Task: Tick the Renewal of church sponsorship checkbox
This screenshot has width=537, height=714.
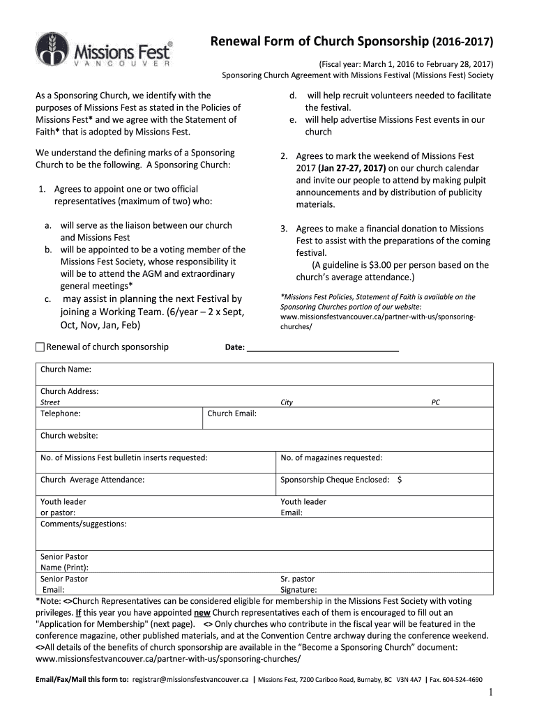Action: click(40, 347)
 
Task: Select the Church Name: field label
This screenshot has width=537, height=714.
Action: click(66, 369)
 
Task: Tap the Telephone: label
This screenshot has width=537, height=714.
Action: click(60, 413)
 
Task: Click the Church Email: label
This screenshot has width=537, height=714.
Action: click(232, 413)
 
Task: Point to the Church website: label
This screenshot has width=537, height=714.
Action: click(69, 436)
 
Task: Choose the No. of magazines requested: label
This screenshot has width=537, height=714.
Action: click(331, 457)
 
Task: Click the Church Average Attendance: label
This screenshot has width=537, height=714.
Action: click(93, 480)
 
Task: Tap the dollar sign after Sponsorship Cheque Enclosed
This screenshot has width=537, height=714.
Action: click(400, 480)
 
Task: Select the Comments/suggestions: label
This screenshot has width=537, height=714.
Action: click(84, 524)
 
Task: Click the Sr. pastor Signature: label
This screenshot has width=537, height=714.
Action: click(298, 584)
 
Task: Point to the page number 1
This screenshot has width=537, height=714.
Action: click(491, 692)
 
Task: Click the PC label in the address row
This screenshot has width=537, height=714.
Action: click(436, 402)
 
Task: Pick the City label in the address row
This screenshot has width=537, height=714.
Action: click(287, 402)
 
